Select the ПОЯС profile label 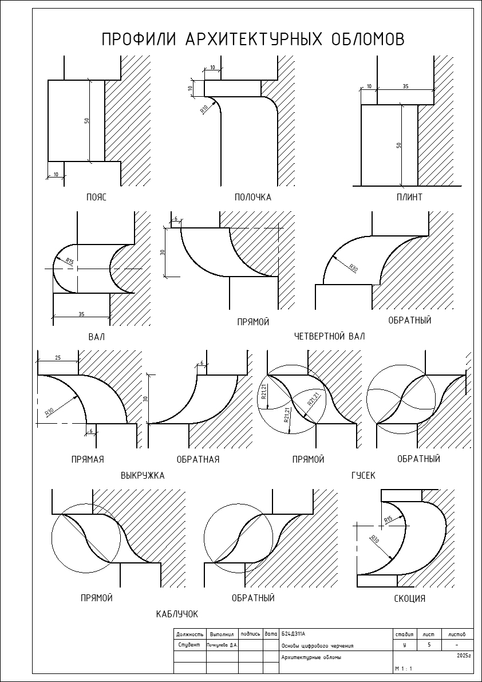[x=96, y=197]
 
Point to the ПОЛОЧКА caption [x=253, y=197]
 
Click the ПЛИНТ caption [x=409, y=197]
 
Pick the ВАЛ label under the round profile [x=97, y=337]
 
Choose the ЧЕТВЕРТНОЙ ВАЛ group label [x=329, y=336]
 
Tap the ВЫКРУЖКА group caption [x=143, y=475]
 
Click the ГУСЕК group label [x=364, y=475]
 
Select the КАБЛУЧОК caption [x=177, y=614]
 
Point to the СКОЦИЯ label [x=409, y=599]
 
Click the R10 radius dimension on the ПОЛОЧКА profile [x=203, y=109]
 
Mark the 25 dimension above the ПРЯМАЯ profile [x=58, y=358]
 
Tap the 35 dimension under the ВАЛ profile [x=81, y=314]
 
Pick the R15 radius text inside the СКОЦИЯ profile [x=388, y=520]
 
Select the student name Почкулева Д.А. [x=222, y=645]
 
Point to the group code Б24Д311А [x=294, y=634]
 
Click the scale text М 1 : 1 [x=404, y=668]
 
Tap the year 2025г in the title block [x=464, y=655]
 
